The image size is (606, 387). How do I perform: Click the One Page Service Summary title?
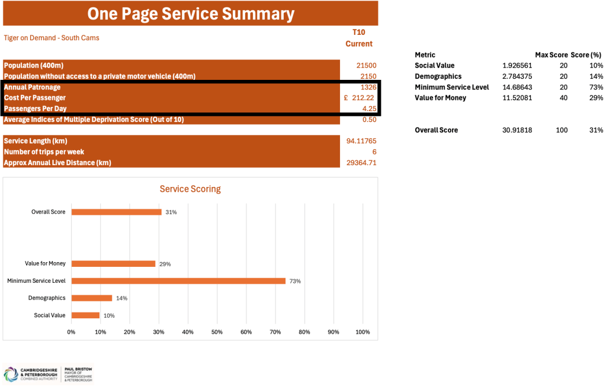click(x=190, y=14)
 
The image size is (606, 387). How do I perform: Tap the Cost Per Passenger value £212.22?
click(x=360, y=98)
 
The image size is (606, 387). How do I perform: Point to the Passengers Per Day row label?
click(x=35, y=108)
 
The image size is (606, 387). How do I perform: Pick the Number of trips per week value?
click(x=374, y=151)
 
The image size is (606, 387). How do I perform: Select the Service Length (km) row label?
click(x=35, y=141)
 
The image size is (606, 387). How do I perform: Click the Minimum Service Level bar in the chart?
click(x=178, y=281)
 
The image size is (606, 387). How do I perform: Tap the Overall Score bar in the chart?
click(x=116, y=212)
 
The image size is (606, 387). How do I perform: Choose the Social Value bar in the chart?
click(x=85, y=315)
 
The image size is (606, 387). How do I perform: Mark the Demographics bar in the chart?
click(x=91, y=298)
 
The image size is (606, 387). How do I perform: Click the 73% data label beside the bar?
click(x=295, y=281)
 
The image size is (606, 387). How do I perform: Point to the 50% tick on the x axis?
click(x=217, y=332)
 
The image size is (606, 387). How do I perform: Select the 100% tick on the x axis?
click(x=362, y=332)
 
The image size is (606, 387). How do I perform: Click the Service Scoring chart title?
click(x=190, y=189)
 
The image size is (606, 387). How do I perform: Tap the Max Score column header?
click(x=551, y=55)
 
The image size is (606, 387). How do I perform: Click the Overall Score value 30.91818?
click(x=517, y=130)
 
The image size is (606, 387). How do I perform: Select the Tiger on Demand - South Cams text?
click(x=52, y=38)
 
